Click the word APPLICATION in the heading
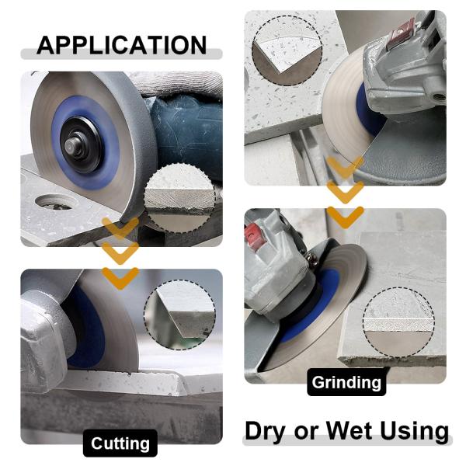point(122,45)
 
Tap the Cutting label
point(120,443)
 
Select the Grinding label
point(346,382)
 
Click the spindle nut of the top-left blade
point(72,144)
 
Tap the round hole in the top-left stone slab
point(54,202)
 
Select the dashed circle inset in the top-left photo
point(180,199)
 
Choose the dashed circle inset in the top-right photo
point(287,50)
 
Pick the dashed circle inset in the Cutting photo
point(180,315)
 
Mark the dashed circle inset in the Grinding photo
point(398,322)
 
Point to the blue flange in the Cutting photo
point(86,327)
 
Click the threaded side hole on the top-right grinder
point(438,96)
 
